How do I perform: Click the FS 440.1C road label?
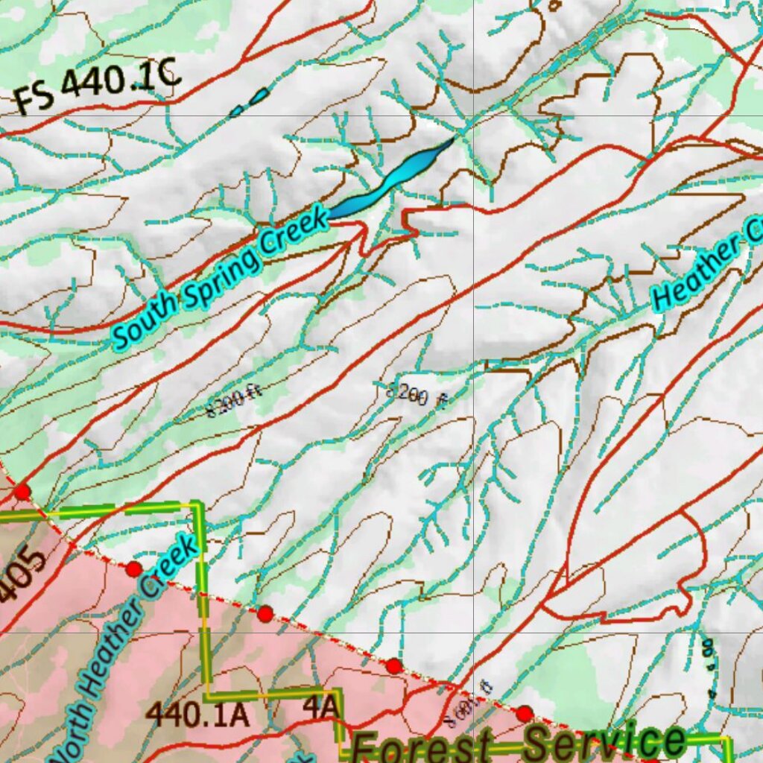click(x=97, y=86)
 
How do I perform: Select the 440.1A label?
click(x=197, y=714)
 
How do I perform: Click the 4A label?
click(x=321, y=708)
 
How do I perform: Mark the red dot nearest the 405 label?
click(x=22, y=492)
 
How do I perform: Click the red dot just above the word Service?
click(x=525, y=714)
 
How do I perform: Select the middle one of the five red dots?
click(x=265, y=614)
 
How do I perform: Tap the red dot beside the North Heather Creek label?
click(x=133, y=569)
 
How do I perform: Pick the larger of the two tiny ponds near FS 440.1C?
click(x=259, y=95)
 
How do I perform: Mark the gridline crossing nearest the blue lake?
click(x=474, y=115)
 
